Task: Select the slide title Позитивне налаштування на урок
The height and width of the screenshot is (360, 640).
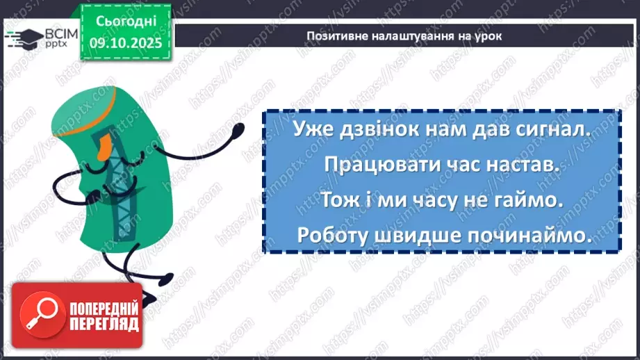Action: (x=404, y=36)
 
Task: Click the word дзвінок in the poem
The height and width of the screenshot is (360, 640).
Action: (x=378, y=129)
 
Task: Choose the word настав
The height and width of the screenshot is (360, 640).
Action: (x=525, y=165)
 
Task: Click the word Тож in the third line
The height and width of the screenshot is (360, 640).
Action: (x=339, y=200)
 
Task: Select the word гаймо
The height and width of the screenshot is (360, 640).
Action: (x=535, y=200)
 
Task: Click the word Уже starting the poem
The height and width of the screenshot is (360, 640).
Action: (x=310, y=129)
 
